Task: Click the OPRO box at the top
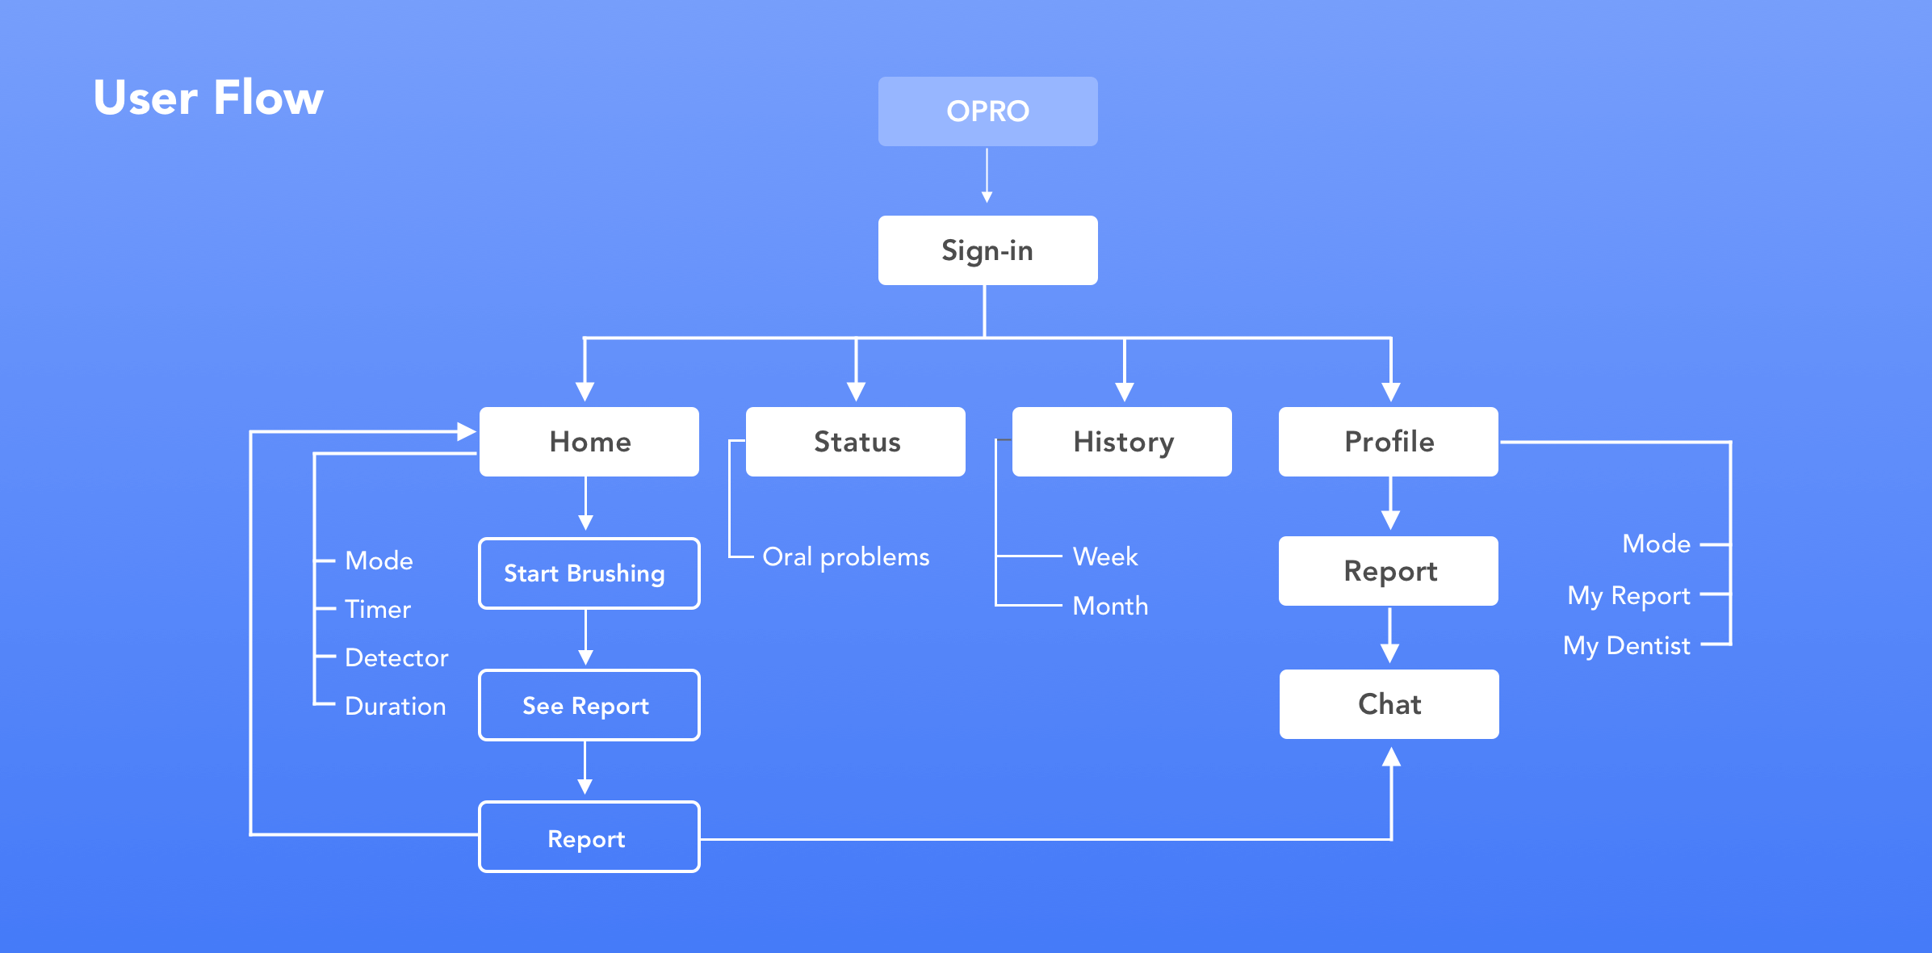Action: coord(987,111)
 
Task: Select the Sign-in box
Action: coord(987,250)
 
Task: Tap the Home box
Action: coord(589,442)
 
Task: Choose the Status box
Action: coord(856,442)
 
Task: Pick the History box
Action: coord(1122,442)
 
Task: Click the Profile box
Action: coord(1389,442)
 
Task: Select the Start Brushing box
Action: coord(589,573)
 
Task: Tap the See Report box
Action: coord(589,705)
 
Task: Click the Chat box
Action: coord(1389,704)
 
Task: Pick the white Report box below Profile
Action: coord(1389,571)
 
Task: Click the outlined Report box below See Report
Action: coord(589,837)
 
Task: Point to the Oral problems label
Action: coord(846,557)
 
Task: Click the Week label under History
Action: coord(1105,556)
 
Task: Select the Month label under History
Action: coord(1110,606)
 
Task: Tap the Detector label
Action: coord(396,657)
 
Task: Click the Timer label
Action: coord(378,609)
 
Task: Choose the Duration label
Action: coord(396,706)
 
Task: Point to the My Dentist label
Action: coord(1627,646)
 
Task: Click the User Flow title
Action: coord(208,98)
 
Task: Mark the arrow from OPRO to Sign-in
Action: coord(987,175)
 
